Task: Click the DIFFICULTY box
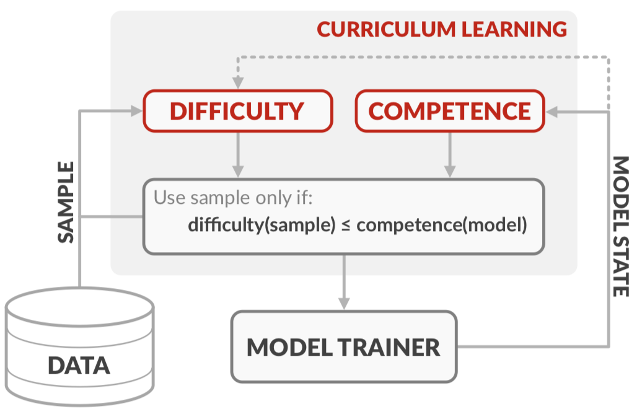coord(238,111)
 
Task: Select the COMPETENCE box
coord(449,111)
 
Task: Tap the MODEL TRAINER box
coord(343,347)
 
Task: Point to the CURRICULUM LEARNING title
coord(442,29)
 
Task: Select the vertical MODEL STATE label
coord(620,226)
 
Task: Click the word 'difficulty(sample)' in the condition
coord(263,224)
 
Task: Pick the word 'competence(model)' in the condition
coord(441,224)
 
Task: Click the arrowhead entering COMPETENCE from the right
coord(551,112)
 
